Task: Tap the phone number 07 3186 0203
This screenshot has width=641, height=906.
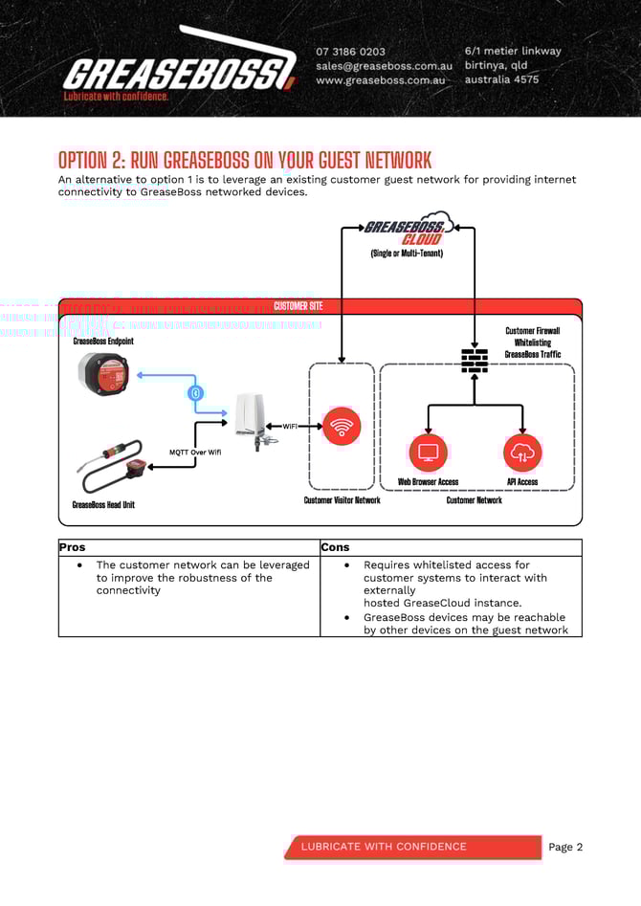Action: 351,52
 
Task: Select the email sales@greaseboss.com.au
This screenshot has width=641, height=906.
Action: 384,66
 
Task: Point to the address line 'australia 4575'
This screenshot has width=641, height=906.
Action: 501,79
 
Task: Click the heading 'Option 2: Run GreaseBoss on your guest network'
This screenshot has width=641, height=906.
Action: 245,160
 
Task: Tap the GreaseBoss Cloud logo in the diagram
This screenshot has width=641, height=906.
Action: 408,231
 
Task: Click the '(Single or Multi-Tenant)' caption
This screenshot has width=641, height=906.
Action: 407,254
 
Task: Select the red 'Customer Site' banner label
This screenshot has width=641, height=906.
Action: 298,306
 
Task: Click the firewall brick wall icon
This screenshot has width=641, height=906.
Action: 475,359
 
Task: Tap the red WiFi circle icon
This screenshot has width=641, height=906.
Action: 342,426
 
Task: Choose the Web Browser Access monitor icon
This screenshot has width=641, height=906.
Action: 428,453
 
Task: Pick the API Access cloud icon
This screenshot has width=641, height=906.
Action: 522,453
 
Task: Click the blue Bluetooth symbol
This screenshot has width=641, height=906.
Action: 196,393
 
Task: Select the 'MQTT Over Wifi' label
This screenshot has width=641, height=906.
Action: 195,453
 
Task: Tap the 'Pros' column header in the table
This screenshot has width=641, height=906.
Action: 72,547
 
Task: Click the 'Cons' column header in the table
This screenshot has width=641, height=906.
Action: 335,547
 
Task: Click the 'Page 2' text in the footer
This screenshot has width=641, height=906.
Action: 565,847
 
